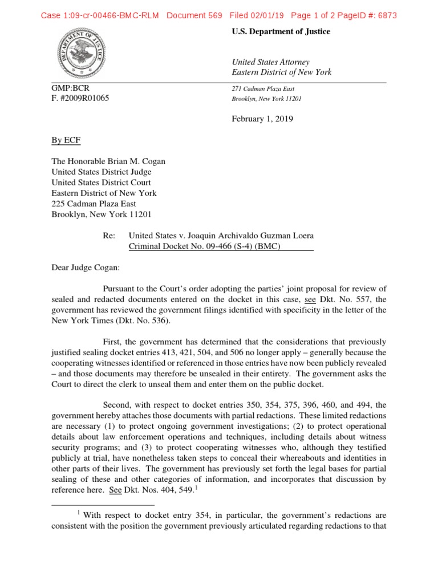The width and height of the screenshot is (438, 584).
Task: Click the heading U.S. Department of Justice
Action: (x=280, y=32)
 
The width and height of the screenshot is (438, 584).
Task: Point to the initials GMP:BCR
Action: (x=70, y=88)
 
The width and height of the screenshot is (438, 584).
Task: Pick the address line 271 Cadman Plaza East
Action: (x=263, y=88)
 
